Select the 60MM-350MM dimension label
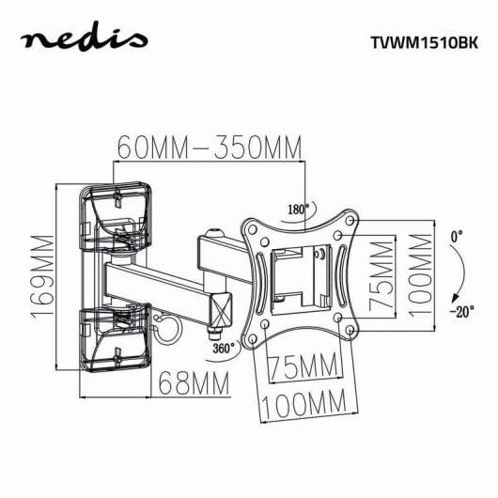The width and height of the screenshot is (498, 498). pos(210,148)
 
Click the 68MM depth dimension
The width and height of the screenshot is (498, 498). pos(193,382)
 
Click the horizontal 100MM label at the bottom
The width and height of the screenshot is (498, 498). pos(303,406)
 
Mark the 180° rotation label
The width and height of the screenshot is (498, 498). pos(298,210)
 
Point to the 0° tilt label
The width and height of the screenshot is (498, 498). pos(457,237)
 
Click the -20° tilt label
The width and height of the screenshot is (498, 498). pos(459,310)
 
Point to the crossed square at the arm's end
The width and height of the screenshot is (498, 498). pos(221,308)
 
